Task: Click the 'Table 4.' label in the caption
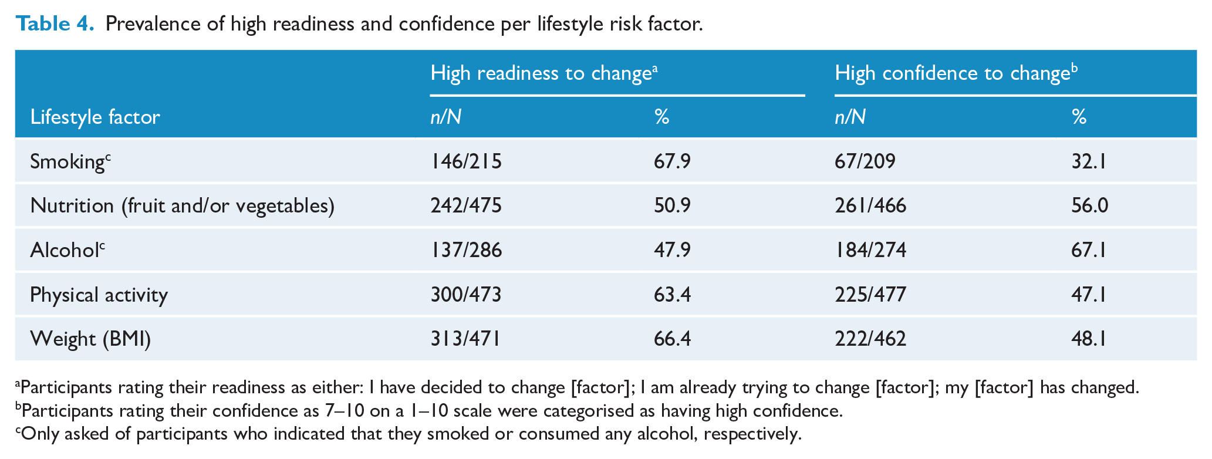pos(55,23)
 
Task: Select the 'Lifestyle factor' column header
pos(95,117)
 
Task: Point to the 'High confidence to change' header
pos(956,72)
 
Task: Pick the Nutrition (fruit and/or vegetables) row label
pos(183,206)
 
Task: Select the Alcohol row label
pos(67,250)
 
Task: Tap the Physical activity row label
pos(99,295)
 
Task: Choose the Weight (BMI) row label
pos(90,339)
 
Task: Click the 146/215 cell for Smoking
pos(466,161)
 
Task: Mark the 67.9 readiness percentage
pos(672,161)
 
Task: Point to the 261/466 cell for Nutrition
pos(870,206)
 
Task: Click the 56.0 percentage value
pos(1090,206)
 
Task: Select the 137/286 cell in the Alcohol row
pos(466,250)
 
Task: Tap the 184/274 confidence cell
pos(870,250)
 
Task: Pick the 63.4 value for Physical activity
pos(672,295)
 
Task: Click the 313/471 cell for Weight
pos(465,339)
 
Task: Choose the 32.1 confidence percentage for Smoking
pos(1089,161)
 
